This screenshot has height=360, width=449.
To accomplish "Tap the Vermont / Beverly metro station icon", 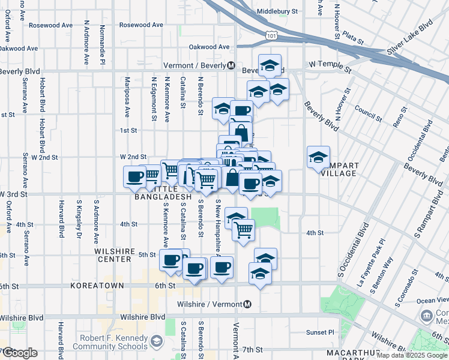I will [x=231, y=65].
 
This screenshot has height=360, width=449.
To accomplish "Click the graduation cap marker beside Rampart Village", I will [x=318, y=158].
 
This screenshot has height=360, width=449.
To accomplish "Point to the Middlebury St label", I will [x=277, y=11].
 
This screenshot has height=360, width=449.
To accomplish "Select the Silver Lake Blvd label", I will [x=410, y=37].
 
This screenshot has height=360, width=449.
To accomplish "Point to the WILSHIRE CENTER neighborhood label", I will [x=112, y=255].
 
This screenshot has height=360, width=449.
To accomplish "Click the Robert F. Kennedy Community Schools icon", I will [x=156, y=341].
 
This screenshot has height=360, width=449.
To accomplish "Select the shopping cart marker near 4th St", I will [x=243, y=229].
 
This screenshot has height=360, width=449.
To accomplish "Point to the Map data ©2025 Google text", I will [x=411, y=355].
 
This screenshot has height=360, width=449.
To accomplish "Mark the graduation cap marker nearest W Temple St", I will [x=270, y=65].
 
